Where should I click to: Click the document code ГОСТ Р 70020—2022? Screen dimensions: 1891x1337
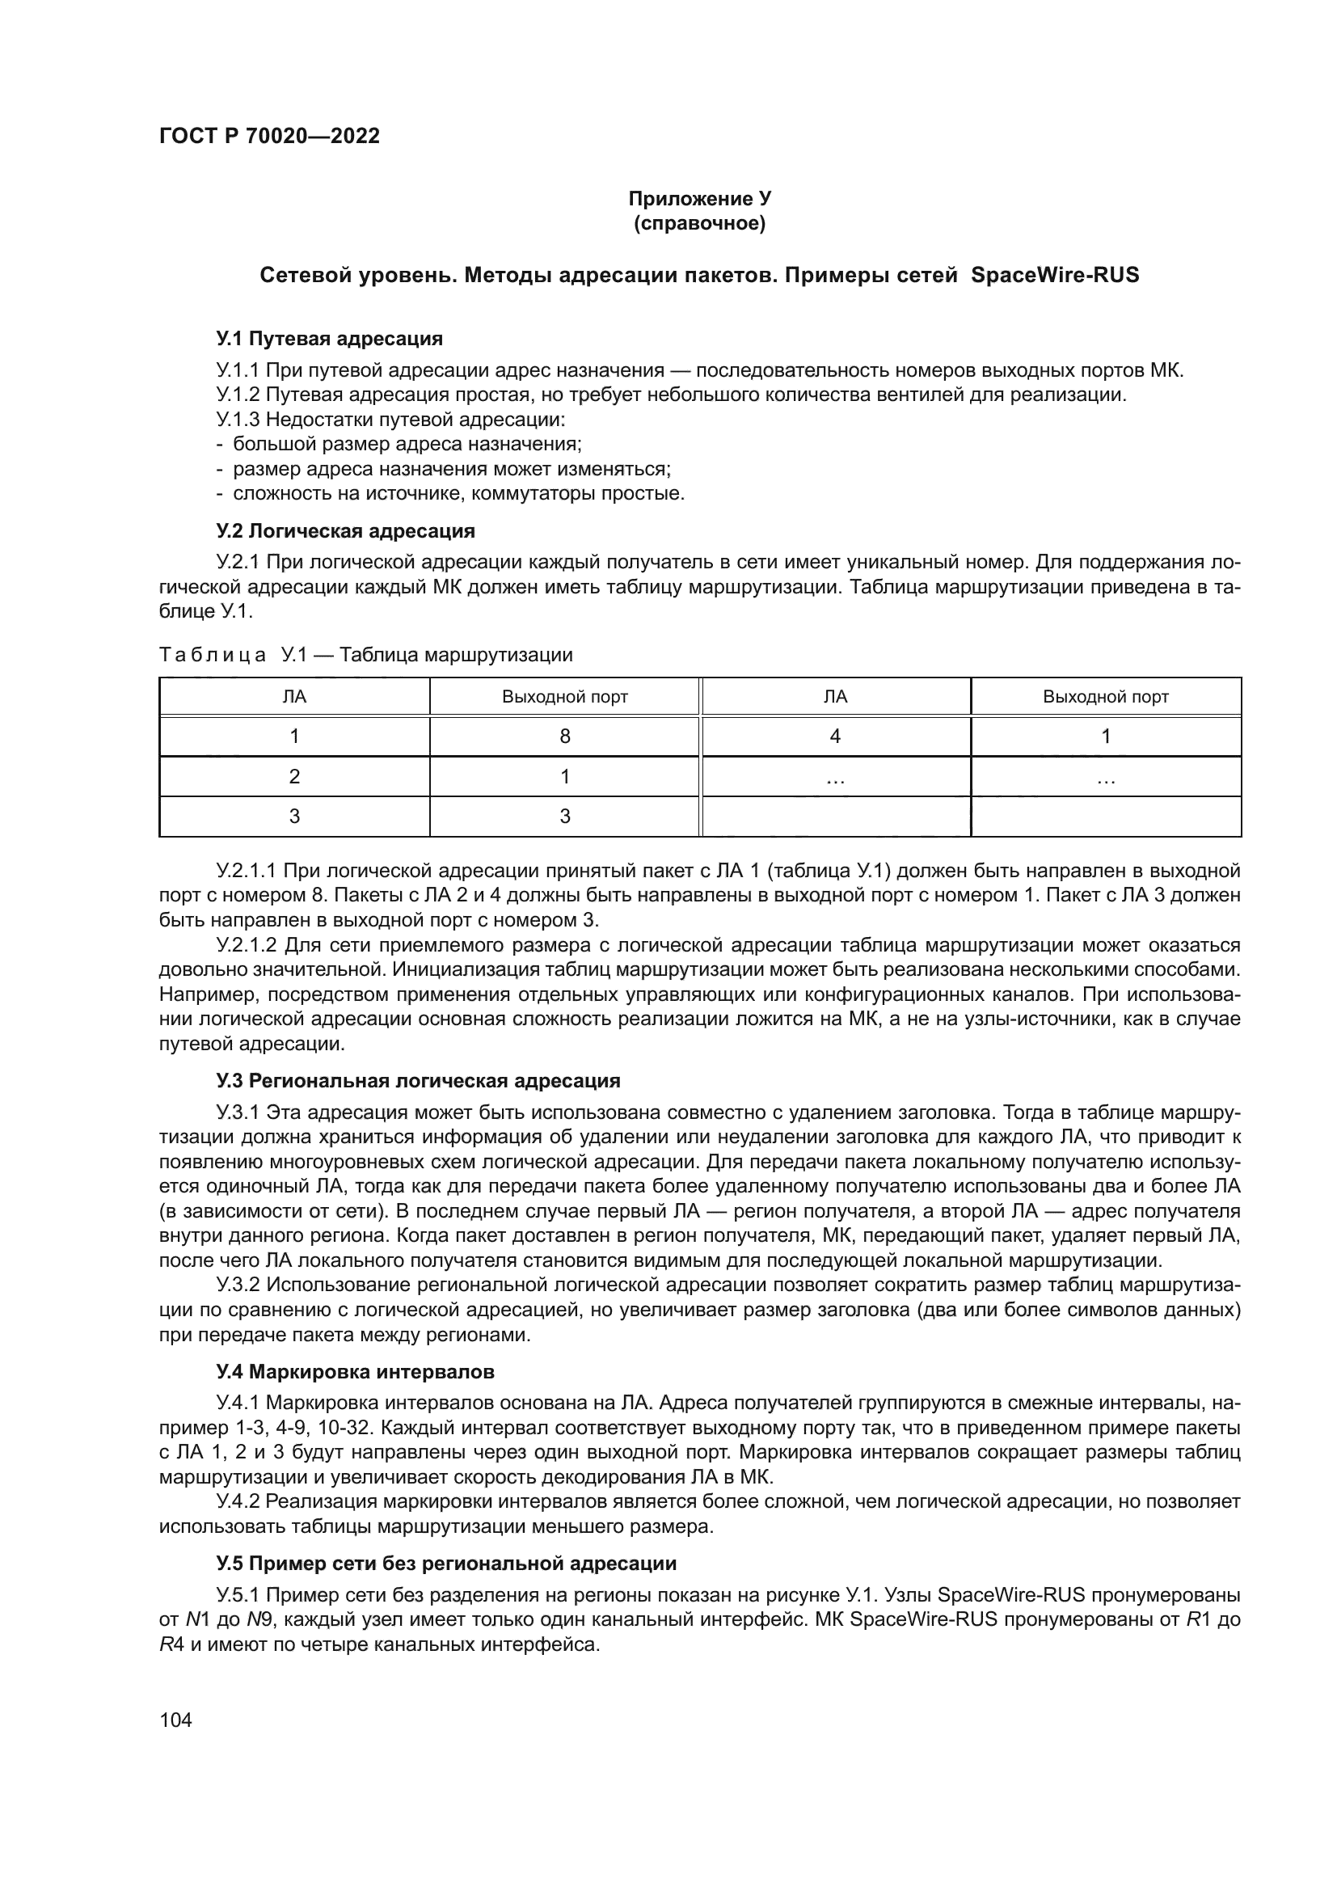point(269,136)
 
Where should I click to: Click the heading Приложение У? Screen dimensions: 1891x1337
point(699,199)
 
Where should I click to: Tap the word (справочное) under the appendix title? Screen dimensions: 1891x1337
point(699,223)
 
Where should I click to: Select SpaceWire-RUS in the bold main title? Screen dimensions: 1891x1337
point(1055,275)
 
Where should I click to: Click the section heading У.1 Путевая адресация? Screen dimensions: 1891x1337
point(329,339)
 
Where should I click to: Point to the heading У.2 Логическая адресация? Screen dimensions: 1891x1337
point(346,530)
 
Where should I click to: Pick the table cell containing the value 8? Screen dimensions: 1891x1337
point(565,737)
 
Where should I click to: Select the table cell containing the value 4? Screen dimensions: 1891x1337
point(835,737)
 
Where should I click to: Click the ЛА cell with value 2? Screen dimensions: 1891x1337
point(295,777)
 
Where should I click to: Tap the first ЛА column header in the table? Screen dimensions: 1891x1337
point(295,697)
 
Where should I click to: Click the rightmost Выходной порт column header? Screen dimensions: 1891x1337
point(1106,697)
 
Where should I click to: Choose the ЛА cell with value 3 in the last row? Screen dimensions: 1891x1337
point(295,817)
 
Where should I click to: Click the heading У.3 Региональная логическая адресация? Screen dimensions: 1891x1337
point(418,1080)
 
